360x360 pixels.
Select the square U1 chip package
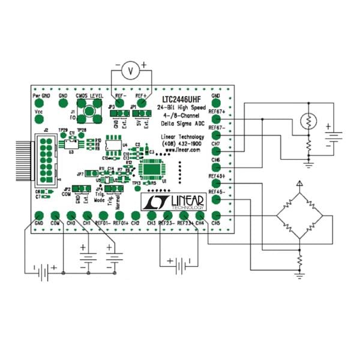(149, 170)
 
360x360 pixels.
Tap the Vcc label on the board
(38, 112)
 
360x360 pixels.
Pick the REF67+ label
(217, 111)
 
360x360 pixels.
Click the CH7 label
(216, 144)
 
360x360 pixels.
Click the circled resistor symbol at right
(307, 121)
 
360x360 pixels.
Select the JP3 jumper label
(112, 107)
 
